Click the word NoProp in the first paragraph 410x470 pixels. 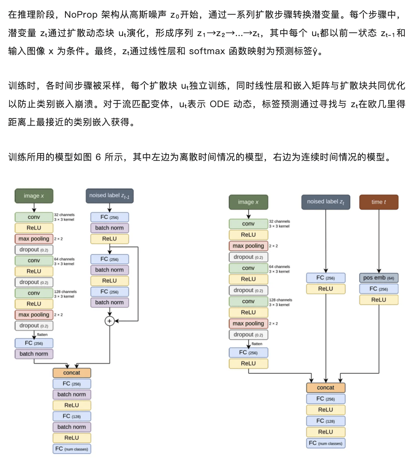tap(81, 15)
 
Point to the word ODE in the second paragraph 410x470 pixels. tap(219, 104)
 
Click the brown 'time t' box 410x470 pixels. tap(378, 202)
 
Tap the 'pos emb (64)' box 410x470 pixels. tap(378, 278)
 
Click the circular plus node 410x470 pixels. tap(109, 321)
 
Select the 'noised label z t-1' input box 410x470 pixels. tap(109, 196)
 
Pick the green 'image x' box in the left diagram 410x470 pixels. tap(34, 196)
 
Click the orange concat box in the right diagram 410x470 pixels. tap(325, 388)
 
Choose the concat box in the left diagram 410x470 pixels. tap(71, 373)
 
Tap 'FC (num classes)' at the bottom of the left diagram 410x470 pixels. tap(71, 449)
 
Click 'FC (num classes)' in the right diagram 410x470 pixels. tap(325, 443)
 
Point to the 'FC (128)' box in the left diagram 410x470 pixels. tap(71, 416)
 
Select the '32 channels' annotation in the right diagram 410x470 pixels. tap(279, 221)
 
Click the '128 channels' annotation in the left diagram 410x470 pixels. tap(65, 291)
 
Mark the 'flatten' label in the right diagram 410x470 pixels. tap(257, 344)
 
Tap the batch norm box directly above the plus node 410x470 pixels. tap(109, 302)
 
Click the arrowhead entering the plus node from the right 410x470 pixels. tap(116, 321)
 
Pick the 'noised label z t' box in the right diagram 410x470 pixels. tap(325, 202)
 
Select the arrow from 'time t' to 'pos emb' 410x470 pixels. tap(378, 241)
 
